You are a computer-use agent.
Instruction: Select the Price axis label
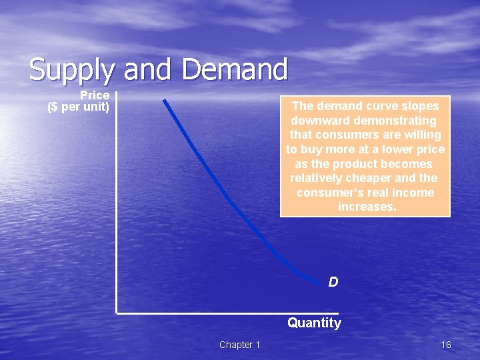click(x=95, y=96)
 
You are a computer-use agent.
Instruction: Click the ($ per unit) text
click(x=79, y=107)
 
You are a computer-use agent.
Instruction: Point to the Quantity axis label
click(x=314, y=323)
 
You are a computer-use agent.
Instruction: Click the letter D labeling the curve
click(x=333, y=282)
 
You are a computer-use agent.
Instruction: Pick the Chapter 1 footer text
click(x=239, y=345)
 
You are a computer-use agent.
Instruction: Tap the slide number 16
click(x=446, y=345)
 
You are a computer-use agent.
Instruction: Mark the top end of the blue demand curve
click(x=164, y=101)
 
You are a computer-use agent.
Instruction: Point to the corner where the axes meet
click(x=117, y=311)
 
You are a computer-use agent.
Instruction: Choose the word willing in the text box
click(x=421, y=135)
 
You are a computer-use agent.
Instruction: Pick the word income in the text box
click(x=415, y=193)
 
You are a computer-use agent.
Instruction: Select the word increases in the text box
click(x=367, y=207)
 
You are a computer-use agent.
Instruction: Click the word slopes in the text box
click(x=421, y=106)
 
